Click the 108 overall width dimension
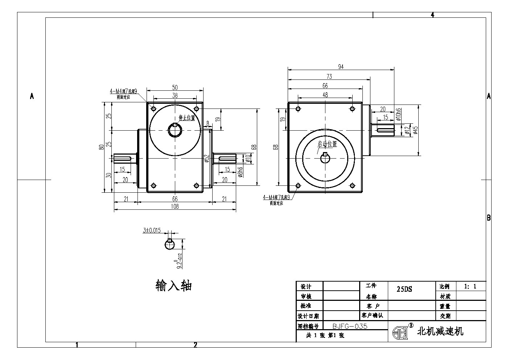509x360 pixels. point(175,206)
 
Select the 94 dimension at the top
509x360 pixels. point(341,67)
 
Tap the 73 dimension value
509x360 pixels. point(329,76)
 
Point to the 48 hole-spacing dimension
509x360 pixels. point(325,95)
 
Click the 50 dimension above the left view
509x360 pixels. point(175,87)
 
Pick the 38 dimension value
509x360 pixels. point(175,96)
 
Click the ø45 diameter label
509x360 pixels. point(416,130)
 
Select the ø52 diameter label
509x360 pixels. point(206,159)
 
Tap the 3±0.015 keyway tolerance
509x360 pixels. point(152,230)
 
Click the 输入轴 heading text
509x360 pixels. point(173,286)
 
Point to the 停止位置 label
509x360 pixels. point(187,118)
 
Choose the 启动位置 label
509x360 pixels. point(327,144)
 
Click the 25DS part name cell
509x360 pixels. point(405,290)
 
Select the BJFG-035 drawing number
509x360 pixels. point(350,326)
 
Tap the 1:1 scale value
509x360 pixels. point(470,286)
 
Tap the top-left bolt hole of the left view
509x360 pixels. point(153,109)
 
